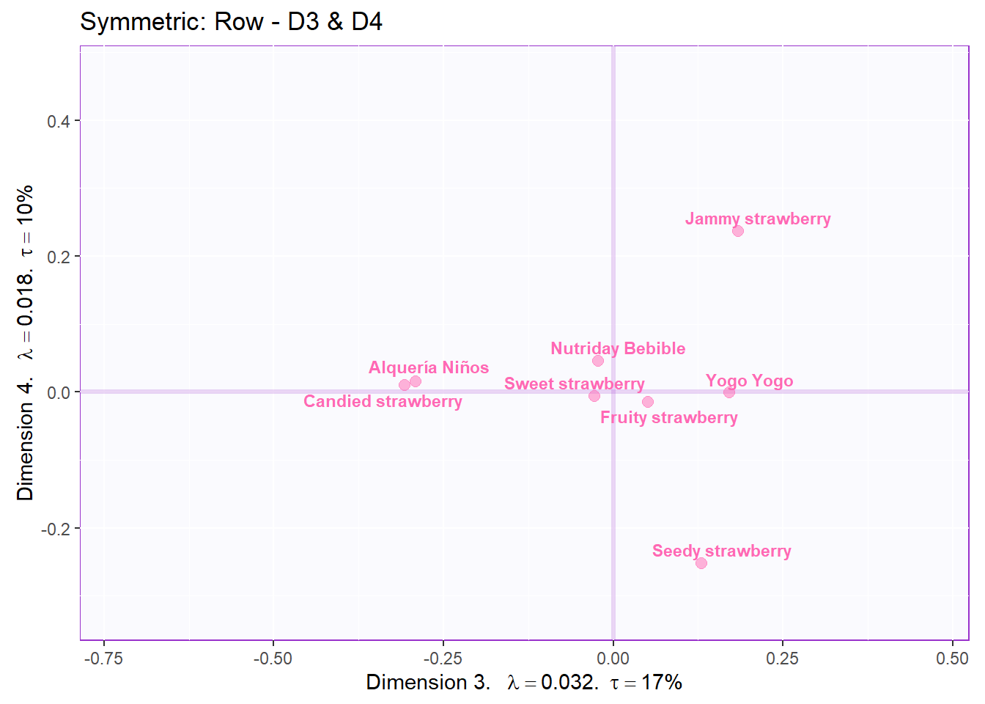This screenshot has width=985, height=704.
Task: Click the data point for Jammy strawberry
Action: [738, 231]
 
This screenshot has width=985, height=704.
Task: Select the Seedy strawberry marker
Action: [701, 563]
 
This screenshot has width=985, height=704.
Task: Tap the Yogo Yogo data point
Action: [729, 392]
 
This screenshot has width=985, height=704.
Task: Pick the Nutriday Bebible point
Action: [598, 361]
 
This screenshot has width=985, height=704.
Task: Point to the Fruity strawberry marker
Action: [648, 402]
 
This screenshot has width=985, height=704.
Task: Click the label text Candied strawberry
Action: [383, 402]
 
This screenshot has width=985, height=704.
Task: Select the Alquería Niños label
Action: [429, 367]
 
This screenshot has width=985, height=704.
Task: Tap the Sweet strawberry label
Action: [575, 384]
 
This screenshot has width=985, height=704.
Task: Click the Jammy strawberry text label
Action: [758, 219]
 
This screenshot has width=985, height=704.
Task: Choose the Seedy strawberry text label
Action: [722, 551]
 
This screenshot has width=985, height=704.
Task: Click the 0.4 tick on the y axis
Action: [59, 121]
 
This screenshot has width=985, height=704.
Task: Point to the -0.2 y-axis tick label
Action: [56, 529]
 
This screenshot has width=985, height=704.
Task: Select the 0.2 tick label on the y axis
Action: [59, 257]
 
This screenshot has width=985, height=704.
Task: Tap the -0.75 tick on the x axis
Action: [103, 659]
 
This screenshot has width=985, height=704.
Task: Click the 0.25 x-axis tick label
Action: [783, 659]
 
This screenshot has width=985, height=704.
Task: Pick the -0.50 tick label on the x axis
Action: [273, 659]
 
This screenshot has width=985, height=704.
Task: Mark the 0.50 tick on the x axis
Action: [952, 659]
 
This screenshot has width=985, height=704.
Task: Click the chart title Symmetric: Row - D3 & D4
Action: [231, 22]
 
